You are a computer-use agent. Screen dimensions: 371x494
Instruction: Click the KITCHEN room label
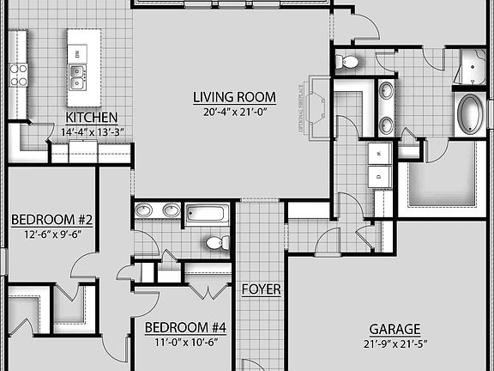click(92, 118)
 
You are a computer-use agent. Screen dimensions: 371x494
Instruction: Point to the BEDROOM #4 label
click(184, 327)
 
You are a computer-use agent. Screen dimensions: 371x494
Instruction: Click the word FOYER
click(261, 289)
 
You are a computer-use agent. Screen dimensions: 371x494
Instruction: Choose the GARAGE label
click(395, 329)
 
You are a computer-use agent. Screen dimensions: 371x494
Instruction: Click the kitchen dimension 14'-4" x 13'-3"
click(92, 132)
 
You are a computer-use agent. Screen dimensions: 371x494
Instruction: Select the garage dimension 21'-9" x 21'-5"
click(395, 344)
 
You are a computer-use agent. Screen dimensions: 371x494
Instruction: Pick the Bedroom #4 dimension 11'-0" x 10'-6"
click(184, 342)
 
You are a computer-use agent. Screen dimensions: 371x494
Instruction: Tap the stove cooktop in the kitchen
click(18, 75)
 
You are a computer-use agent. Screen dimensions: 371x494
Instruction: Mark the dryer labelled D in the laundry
click(378, 175)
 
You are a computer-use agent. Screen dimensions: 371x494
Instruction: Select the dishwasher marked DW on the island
click(78, 54)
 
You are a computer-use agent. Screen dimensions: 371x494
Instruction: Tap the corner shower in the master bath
click(471, 66)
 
